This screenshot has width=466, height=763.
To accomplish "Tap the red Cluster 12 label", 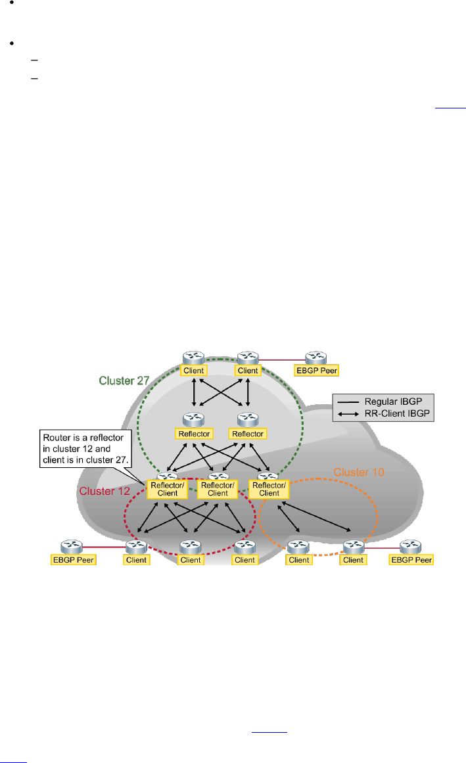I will (104, 492).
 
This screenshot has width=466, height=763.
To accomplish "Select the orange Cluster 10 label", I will (358, 472).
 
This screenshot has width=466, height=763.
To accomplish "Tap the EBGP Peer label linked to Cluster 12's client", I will (74, 560).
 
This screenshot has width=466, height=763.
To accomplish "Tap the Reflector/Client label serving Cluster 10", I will (269, 489).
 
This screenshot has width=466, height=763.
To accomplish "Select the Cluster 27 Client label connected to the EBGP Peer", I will (248, 370).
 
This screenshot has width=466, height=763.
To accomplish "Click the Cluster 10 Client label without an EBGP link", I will (299, 560).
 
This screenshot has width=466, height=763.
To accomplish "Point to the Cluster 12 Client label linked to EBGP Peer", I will (137, 560).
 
